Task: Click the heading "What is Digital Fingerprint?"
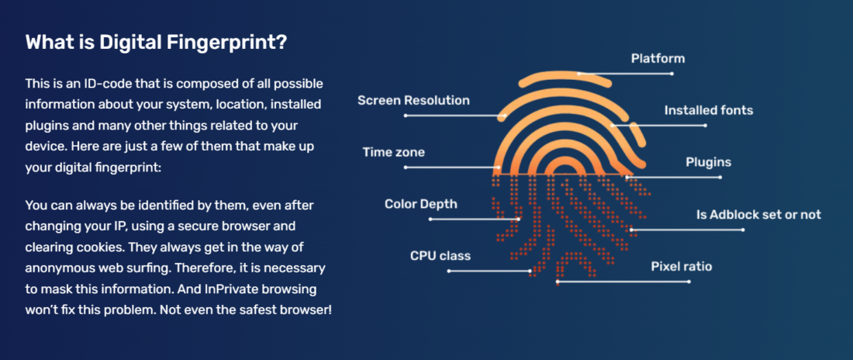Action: coord(156,43)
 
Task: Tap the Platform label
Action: coord(658,58)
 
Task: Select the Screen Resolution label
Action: coord(413,100)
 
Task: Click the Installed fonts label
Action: coord(708,110)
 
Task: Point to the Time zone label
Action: coord(394,152)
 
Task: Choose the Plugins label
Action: coord(708,162)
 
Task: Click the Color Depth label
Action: coord(421,204)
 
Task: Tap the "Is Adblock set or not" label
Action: coord(759,215)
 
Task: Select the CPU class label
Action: coord(440,256)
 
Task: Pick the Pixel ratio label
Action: coord(682,267)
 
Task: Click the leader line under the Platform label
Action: coord(625,74)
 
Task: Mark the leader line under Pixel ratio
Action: coord(623,282)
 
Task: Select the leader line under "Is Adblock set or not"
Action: coord(687,230)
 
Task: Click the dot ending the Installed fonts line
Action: coord(706,125)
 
